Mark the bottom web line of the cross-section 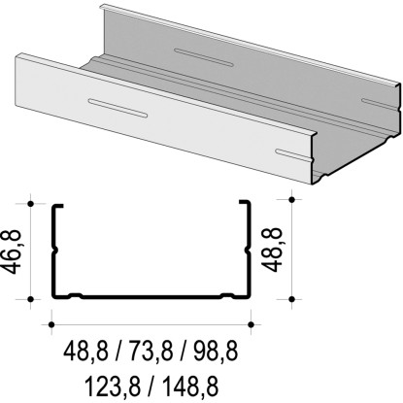tap(151, 296)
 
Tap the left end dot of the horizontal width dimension tap(50, 323)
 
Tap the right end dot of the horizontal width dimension tap(252, 323)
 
